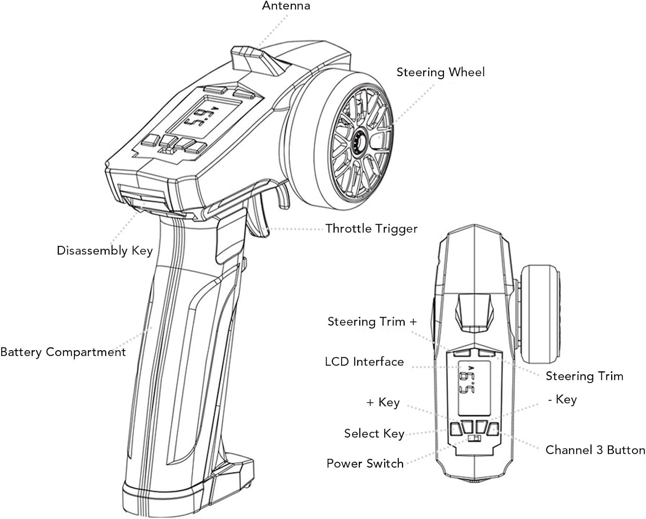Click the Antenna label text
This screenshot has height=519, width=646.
286,6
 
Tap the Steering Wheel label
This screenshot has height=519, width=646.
440,72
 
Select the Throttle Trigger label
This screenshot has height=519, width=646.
371,228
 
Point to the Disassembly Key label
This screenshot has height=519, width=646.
105,251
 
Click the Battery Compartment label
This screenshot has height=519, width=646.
63,352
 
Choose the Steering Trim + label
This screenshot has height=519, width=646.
372,322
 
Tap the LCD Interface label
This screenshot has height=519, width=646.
364,361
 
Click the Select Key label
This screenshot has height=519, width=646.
374,433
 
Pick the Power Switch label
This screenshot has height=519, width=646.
365,463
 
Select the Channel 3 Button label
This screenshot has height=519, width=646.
595,450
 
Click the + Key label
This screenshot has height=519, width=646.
383,402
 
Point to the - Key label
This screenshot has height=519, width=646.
562,399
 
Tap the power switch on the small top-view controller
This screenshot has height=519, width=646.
474,439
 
